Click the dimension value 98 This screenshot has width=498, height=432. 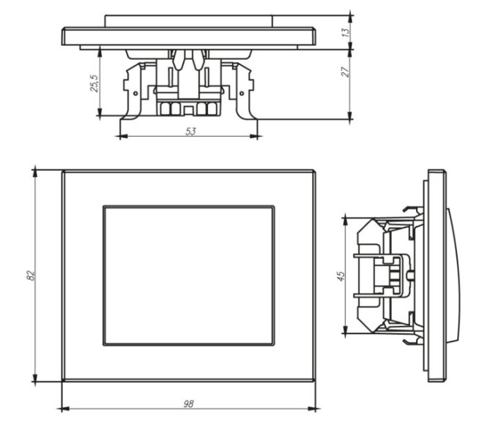click(x=188, y=403)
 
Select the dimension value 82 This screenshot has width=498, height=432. click(x=30, y=276)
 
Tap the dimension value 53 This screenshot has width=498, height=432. click(x=190, y=132)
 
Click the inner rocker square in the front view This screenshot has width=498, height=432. click(x=188, y=276)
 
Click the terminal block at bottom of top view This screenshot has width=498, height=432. click(x=189, y=109)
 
